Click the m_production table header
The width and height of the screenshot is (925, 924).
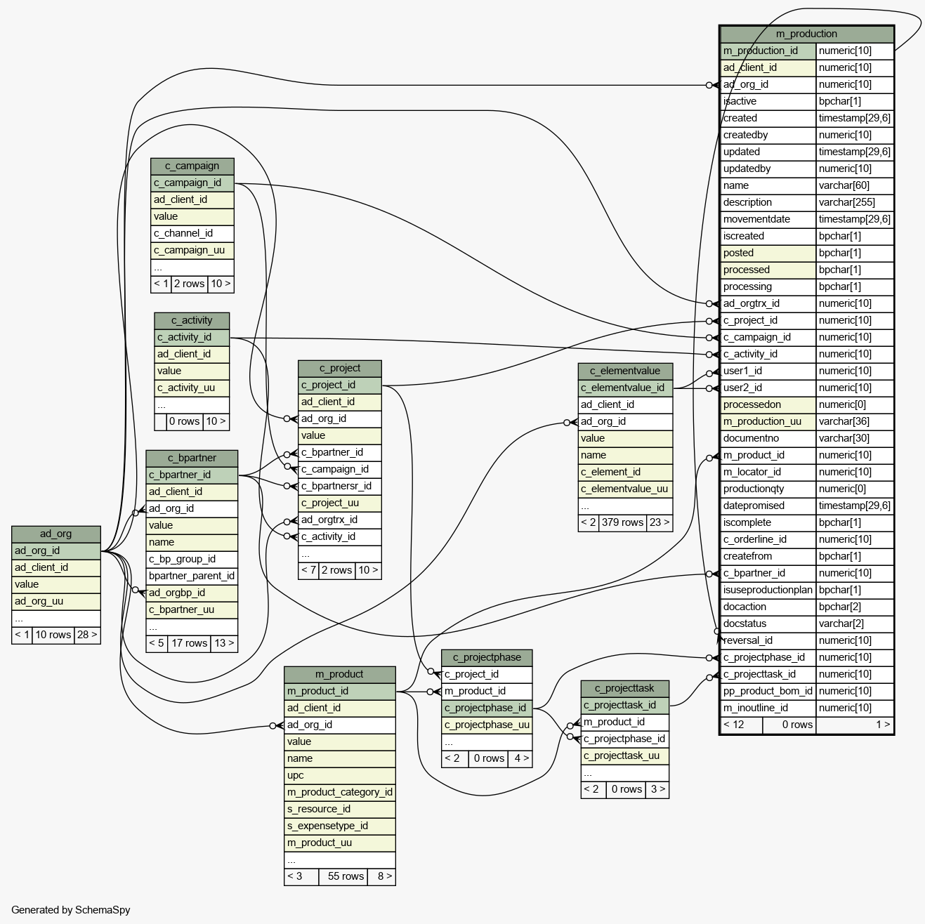tap(806, 34)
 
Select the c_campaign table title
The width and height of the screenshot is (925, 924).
tap(192, 166)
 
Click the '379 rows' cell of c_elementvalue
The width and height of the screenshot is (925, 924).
tap(622, 522)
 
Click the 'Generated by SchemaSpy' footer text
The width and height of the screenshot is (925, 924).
tap(70, 910)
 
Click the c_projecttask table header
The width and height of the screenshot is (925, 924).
tap(624, 688)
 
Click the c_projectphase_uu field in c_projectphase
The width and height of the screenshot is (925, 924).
tap(487, 725)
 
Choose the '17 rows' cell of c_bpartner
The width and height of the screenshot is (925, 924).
tap(189, 643)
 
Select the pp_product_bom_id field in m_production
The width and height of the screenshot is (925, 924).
tap(768, 691)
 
